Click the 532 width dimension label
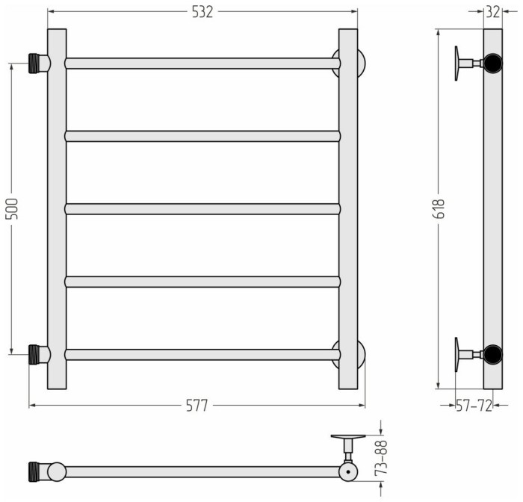click(202, 12)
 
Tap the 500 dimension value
click(12, 208)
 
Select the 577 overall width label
click(196, 406)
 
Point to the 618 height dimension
click(439, 208)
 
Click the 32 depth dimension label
click(493, 12)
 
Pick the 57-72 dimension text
click(474, 406)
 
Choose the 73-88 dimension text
click(381, 457)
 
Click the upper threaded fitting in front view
click(39, 63)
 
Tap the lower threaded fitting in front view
click(39, 354)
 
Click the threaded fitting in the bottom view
click(40, 471)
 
